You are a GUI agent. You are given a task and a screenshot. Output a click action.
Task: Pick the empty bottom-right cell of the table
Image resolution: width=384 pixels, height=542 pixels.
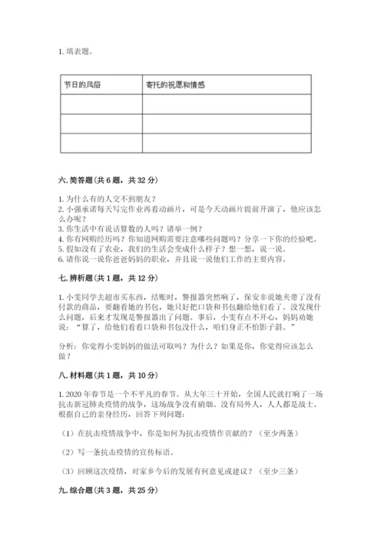pyautogui.click(x=227, y=143)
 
